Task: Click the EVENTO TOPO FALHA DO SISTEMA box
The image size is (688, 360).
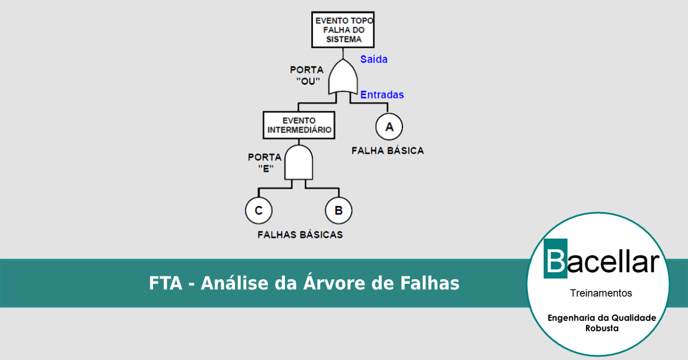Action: (343, 30)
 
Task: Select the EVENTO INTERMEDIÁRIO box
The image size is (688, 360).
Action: (299, 125)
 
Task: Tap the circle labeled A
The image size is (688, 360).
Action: (389, 127)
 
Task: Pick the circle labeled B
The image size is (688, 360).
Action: (338, 210)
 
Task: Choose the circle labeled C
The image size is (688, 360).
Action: (259, 210)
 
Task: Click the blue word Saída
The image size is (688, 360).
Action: (374, 59)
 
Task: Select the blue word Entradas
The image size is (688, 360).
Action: (382, 95)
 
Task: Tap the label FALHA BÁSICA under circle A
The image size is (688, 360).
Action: (388, 151)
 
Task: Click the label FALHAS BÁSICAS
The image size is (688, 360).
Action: (300, 234)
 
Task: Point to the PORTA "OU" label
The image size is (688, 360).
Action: (307, 75)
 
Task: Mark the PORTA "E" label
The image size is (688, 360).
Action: (264, 162)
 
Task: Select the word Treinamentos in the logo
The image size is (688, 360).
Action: (601, 293)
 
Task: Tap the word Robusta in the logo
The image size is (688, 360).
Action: (601, 328)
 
